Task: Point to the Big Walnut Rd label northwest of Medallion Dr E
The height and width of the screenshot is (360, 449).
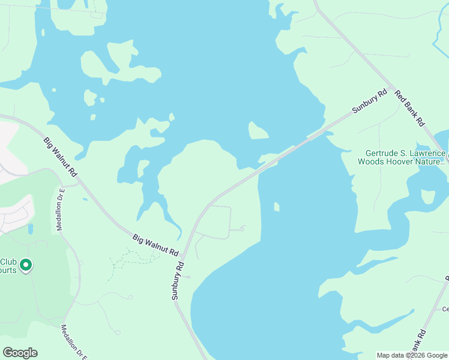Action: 61,157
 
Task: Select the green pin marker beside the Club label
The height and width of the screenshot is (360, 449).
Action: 26,264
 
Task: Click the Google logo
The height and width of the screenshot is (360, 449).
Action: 20,353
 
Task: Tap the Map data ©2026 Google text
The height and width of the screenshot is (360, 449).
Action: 412,355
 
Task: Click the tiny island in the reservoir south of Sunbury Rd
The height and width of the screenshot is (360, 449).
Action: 276,207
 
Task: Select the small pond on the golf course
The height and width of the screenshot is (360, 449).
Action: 30,229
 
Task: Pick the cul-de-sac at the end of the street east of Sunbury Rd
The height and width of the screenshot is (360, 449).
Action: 243,228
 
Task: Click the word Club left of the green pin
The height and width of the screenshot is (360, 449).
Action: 8,262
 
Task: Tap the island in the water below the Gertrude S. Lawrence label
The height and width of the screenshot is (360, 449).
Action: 429,197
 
